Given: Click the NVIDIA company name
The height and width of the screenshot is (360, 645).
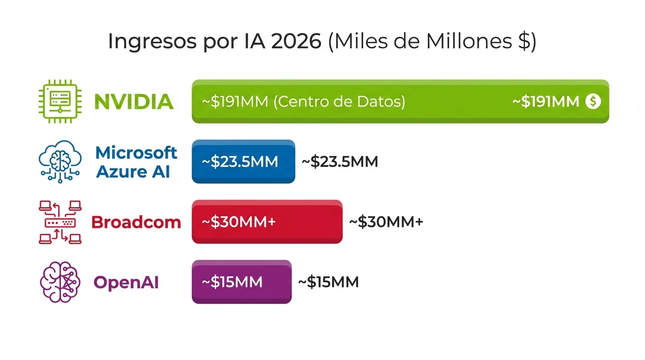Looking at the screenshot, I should [134, 102].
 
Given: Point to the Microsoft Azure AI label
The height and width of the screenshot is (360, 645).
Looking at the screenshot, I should [136, 162].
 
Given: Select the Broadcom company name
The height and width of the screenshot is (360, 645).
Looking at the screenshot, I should [136, 222].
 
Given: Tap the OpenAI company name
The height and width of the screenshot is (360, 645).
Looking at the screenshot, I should [126, 283].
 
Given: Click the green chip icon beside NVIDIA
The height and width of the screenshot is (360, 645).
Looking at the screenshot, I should [60, 101].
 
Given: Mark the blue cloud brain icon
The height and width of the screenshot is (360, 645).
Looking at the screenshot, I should [60, 162].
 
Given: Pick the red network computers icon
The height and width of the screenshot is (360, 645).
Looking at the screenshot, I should [60, 222].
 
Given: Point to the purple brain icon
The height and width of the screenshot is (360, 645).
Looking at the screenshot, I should [60, 282].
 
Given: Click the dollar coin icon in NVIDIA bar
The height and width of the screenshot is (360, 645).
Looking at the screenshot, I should [593, 101].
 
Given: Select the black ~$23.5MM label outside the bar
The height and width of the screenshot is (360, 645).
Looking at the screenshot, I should [339, 162].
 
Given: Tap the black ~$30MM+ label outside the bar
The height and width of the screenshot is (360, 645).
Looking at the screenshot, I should [386, 222].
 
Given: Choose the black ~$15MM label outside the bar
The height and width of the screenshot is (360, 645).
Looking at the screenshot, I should [329, 282].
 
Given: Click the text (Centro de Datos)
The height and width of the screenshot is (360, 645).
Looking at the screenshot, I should [339, 102].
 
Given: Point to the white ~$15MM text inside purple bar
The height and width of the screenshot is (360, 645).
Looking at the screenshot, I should [232, 282].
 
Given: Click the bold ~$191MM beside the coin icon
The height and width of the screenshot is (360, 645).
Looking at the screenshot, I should [545, 102].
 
